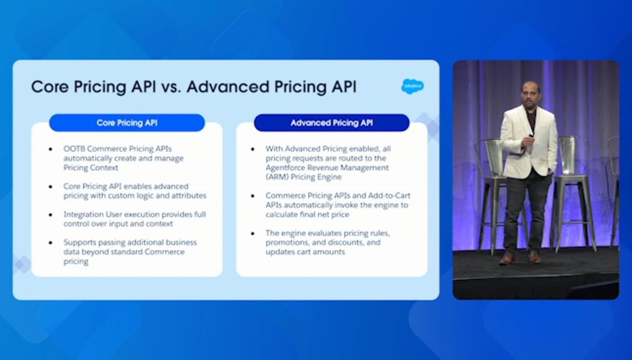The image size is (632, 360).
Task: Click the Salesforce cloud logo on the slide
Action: click(x=413, y=86)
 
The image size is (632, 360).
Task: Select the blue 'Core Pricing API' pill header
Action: click(x=127, y=123)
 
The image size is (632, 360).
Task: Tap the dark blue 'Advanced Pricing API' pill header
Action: click(x=332, y=123)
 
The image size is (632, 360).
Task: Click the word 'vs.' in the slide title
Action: click(x=171, y=87)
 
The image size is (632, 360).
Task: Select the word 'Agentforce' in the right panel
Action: click(x=285, y=167)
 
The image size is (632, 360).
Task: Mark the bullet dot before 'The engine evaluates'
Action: click(x=253, y=233)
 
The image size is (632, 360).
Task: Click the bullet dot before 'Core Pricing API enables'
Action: click(x=51, y=187)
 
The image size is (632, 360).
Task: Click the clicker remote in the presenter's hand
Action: click(x=531, y=136)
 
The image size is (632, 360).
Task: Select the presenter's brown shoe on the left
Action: click(x=507, y=258)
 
